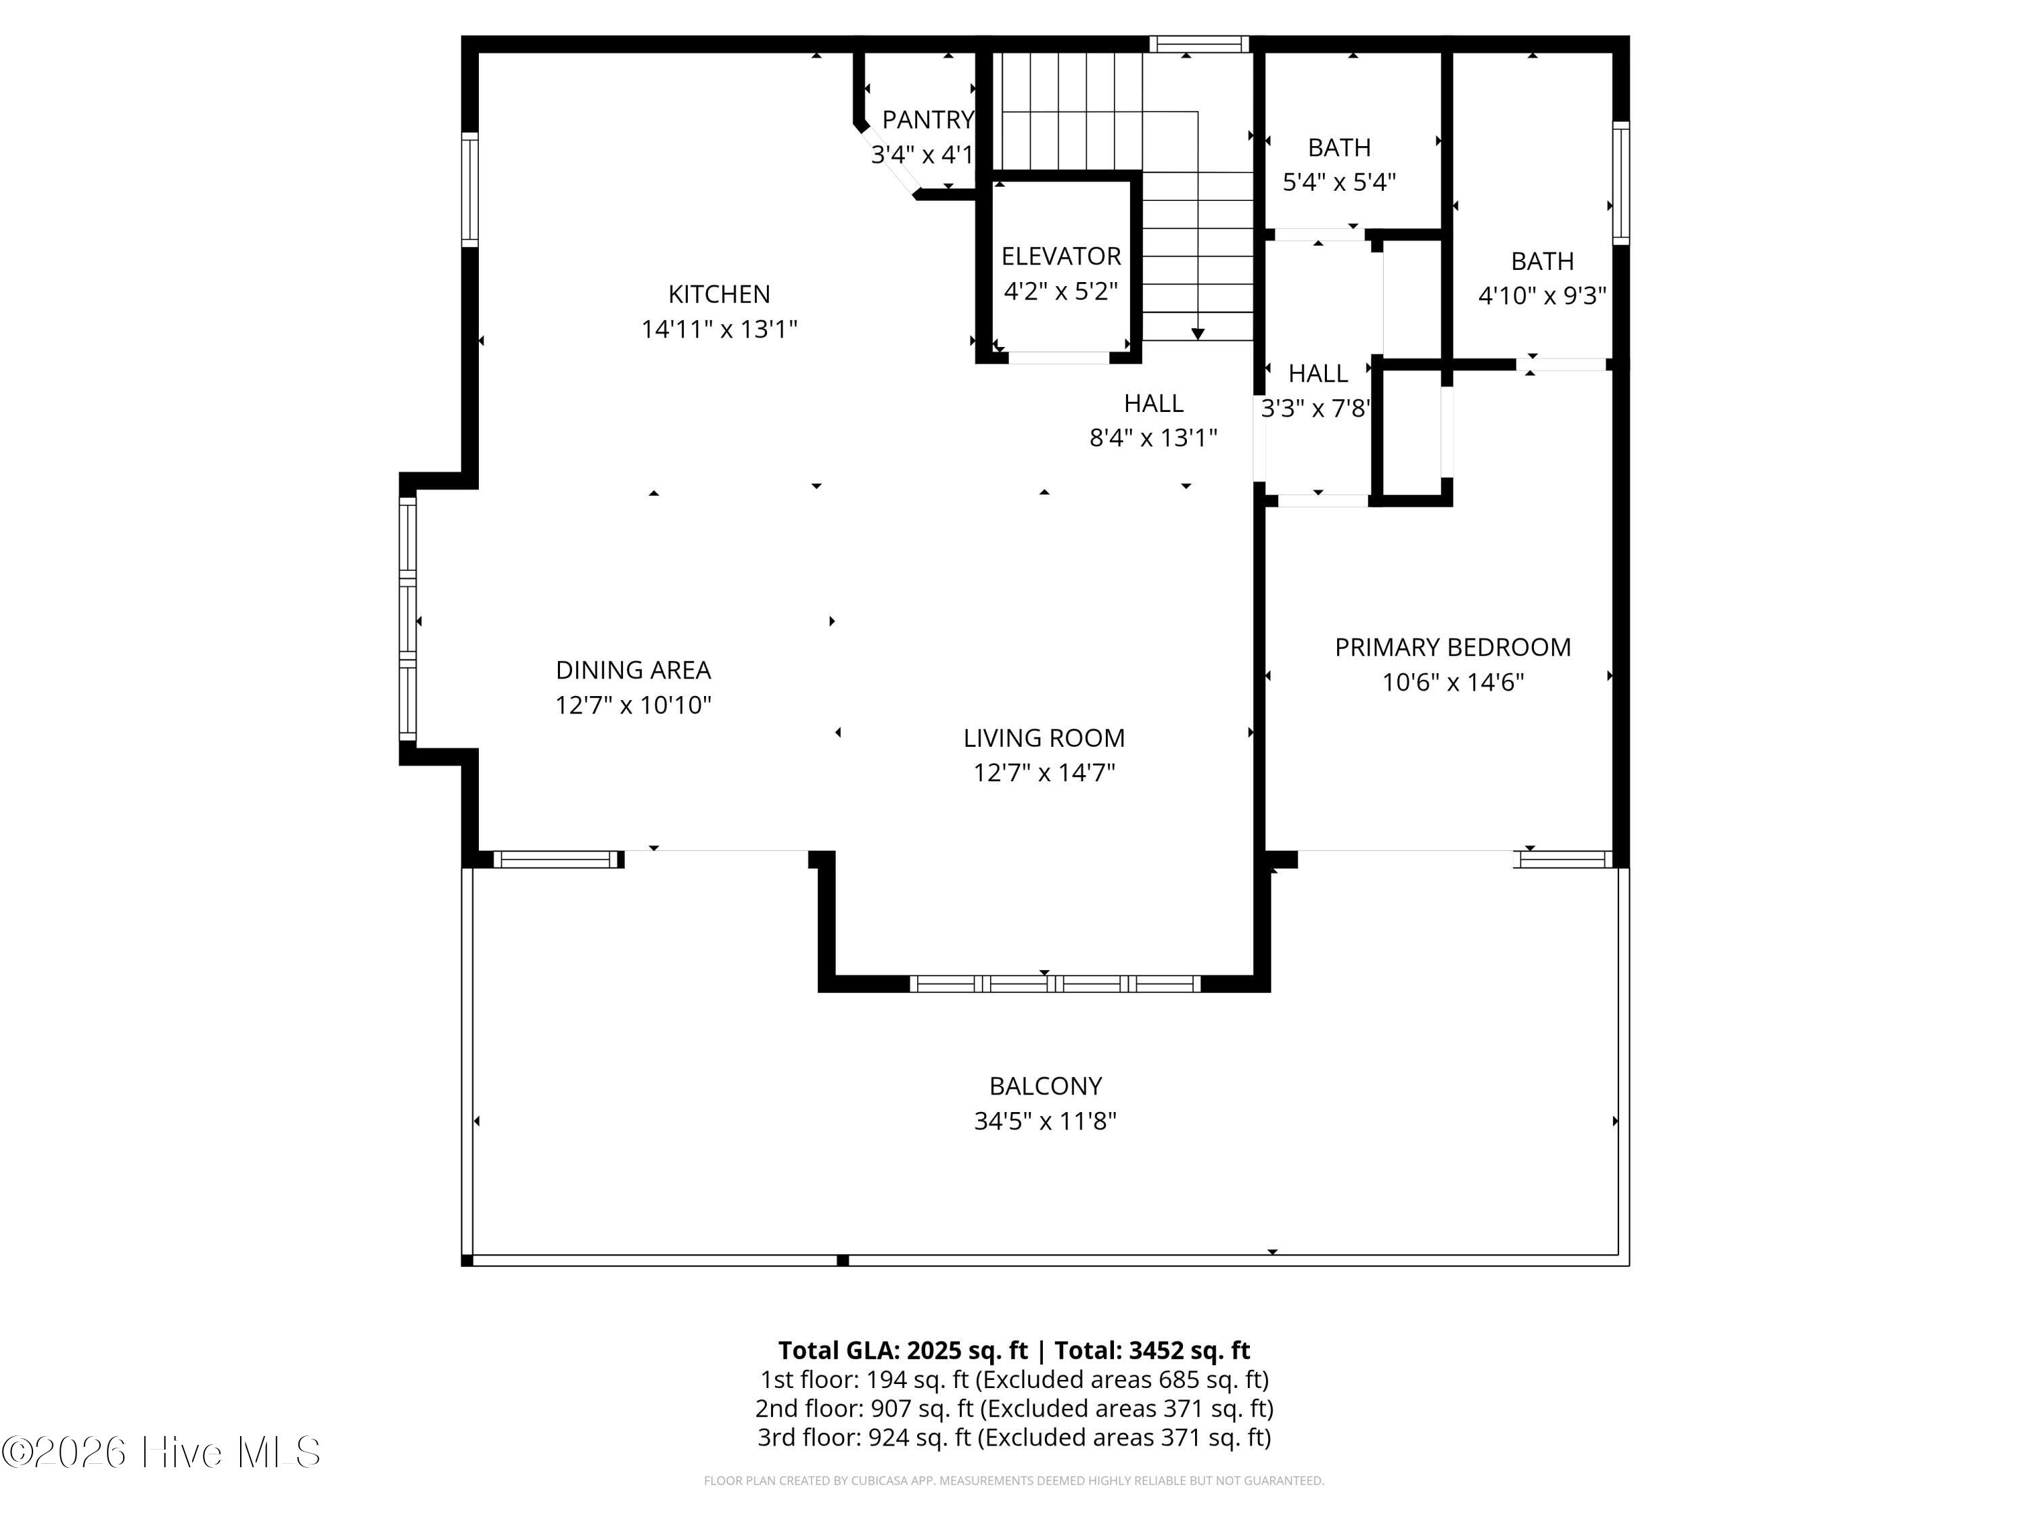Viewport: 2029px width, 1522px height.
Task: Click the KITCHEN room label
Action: pyautogui.click(x=719, y=294)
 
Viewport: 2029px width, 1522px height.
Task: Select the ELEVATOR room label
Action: pyautogui.click(x=1061, y=256)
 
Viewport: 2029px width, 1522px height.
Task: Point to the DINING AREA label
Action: pyautogui.click(x=634, y=670)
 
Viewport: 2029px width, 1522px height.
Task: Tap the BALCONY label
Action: pyautogui.click(x=1046, y=1086)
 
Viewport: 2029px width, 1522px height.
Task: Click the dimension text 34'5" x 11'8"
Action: pyautogui.click(x=1046, y=1121)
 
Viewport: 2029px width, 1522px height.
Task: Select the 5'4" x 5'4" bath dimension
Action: pyautogui.click(x=1339, y=183)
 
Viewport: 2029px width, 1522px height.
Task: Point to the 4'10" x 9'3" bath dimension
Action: pyautogui.click(x=1543, y=296)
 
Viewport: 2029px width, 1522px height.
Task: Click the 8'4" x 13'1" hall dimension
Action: pyautogui.click(x=1154, y=438)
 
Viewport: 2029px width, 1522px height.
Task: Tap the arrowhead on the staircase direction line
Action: pyautogui.click(x=1198, y=335)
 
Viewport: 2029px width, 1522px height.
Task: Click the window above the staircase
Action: pyautogui.click(x=1200, y=44)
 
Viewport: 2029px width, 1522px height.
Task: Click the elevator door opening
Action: pyautogui.click(x=1059, y=358)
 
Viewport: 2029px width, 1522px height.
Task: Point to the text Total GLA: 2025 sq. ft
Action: pyautogui.click(x=903, y=1350)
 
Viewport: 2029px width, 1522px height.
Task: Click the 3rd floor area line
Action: pyautogui.click(x=1014, y=1437)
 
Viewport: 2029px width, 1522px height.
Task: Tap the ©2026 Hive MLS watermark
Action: pyautogui.click(x=162, y=1452)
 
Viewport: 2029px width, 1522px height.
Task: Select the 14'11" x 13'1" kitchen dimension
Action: pyautogui.click(x=719, y=329)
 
